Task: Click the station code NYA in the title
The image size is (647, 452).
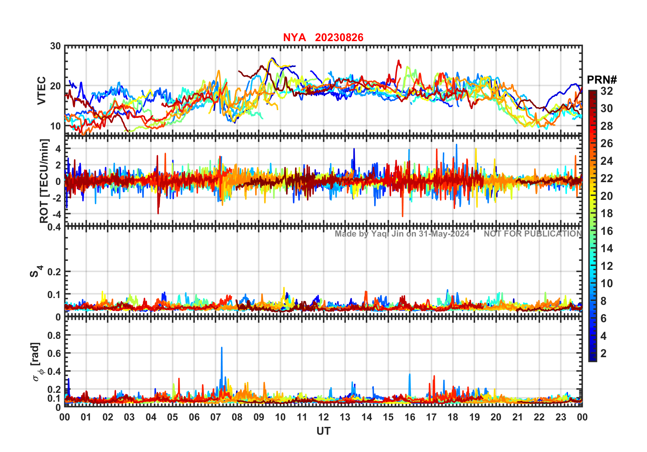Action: (x=294, y=37)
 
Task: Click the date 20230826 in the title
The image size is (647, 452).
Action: (x=339, y=37)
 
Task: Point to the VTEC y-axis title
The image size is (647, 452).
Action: (x=42, y=90)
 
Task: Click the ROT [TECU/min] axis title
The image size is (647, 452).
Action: (x=44, y=181)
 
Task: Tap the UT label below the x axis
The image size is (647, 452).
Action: (x=323, y=431)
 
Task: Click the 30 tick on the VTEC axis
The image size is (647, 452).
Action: (x=55, y=46)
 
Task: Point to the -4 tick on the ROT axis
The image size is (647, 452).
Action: (x=56, y=214)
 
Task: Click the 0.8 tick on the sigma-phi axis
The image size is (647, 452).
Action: (x=54, y=335)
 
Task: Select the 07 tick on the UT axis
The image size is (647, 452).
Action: (x=216, y=417)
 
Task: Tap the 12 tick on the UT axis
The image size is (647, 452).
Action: (x=323, y=417)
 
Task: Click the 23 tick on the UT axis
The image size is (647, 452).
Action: (x=561, y=417)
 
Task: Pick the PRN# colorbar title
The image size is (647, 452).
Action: (x=602, y=80)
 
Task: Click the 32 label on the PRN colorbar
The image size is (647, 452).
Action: (x=607, y=91)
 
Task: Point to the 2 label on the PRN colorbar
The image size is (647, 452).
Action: (x=603, y=353)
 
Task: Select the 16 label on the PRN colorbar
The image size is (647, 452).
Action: (x=607, y=231)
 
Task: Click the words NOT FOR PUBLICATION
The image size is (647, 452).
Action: (x=533, y=234)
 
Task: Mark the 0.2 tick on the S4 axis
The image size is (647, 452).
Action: (x=54, y=272)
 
